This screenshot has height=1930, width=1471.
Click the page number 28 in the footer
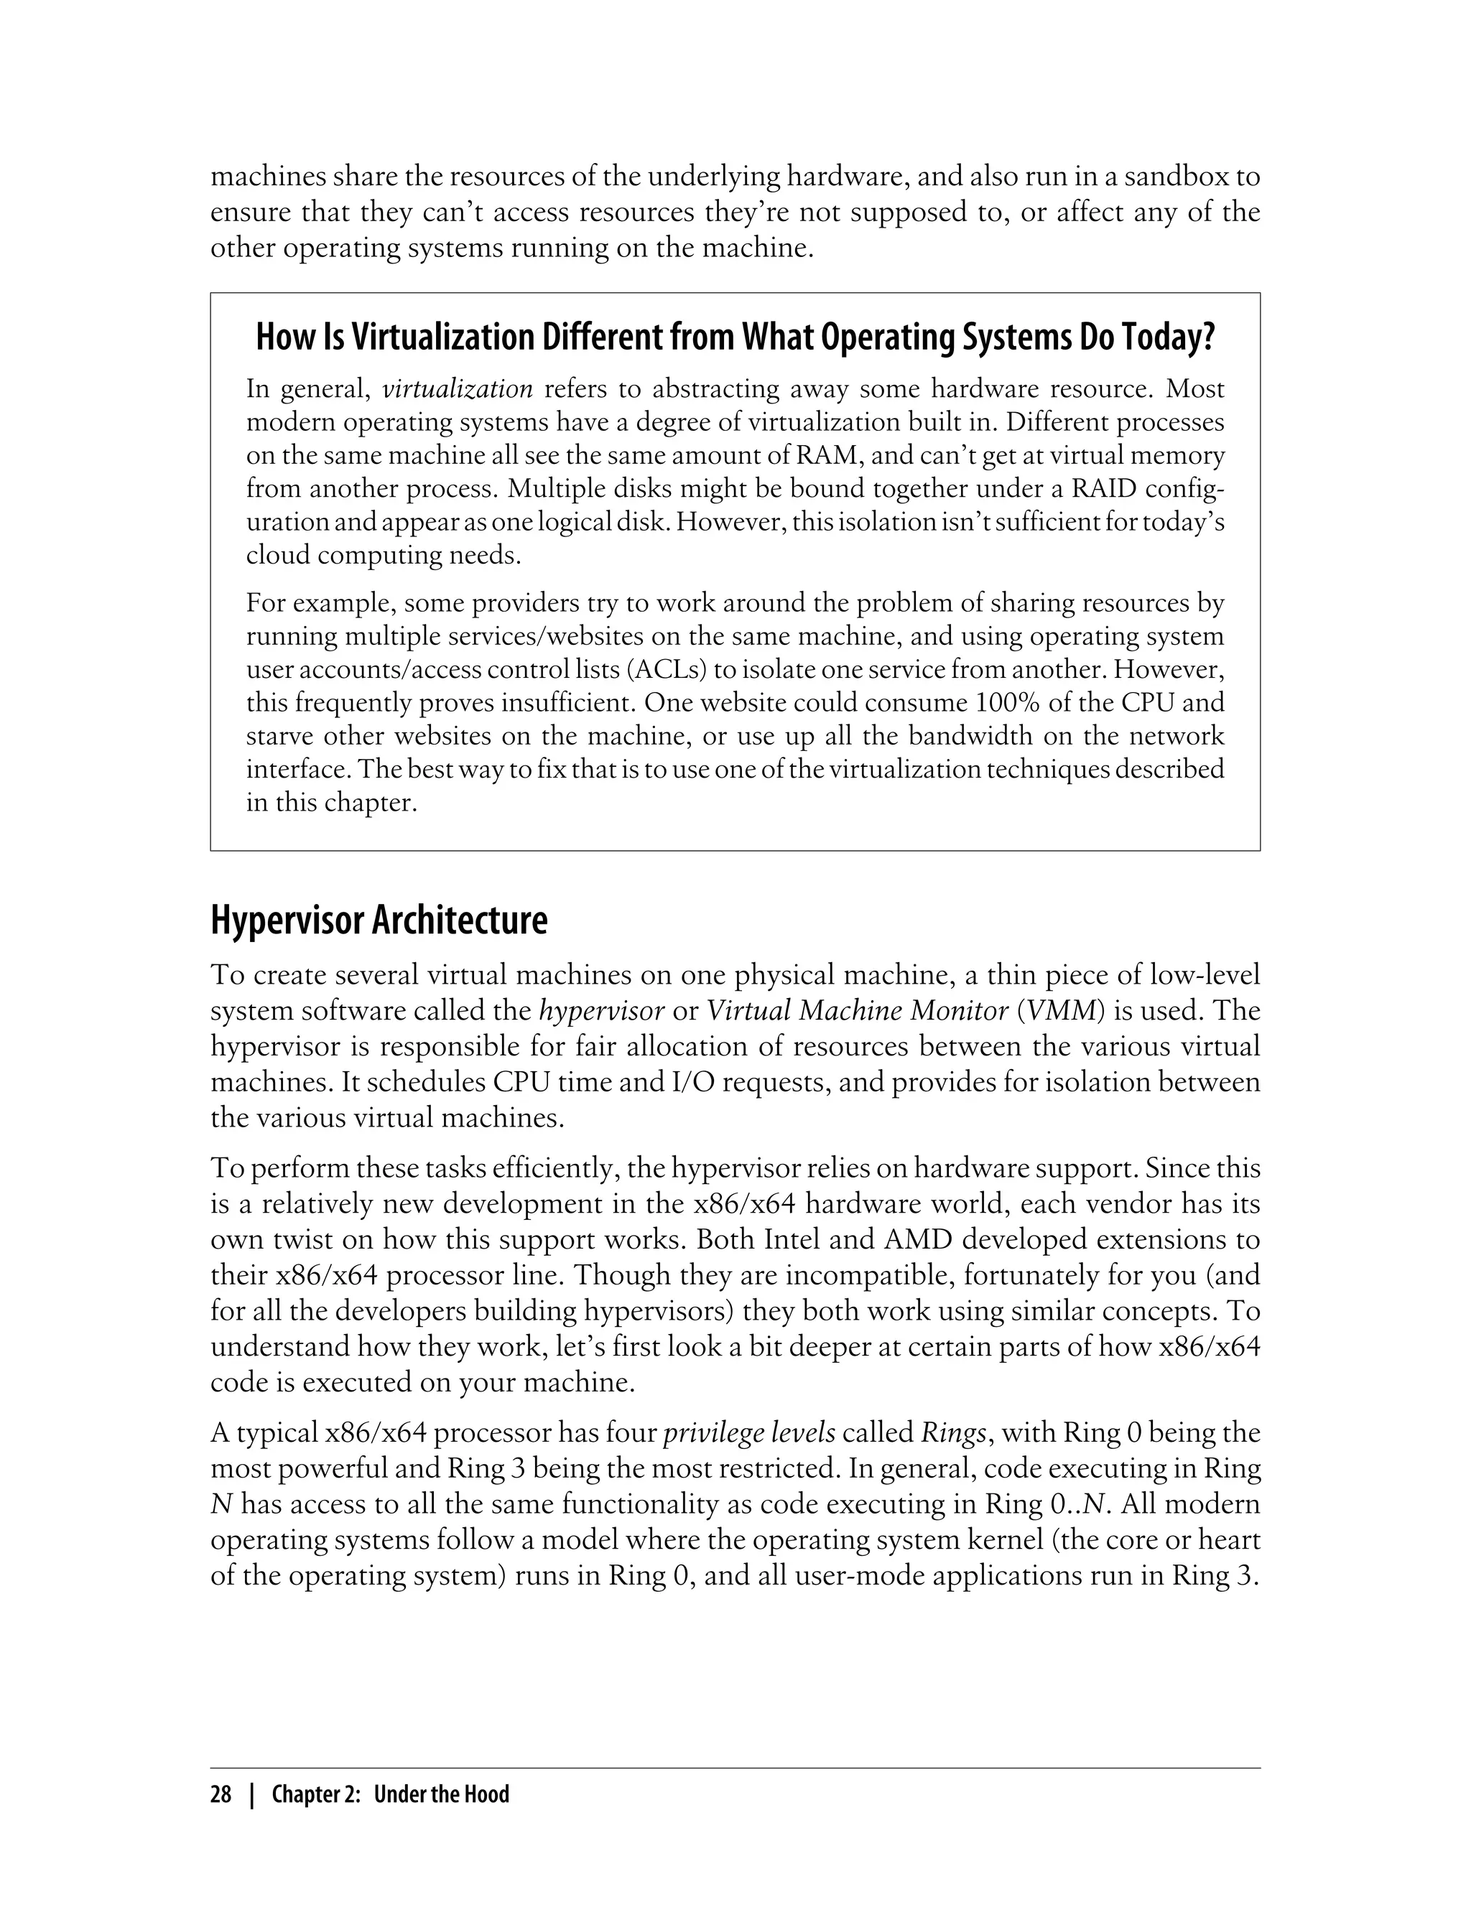tap(221, 1795)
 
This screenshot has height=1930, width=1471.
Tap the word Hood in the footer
tap(487, 1795)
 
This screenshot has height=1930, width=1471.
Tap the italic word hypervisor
tap(601, 1011)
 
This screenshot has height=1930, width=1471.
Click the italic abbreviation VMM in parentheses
tap(1062, 1011)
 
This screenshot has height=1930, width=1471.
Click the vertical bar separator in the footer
tap(252, 1795)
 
